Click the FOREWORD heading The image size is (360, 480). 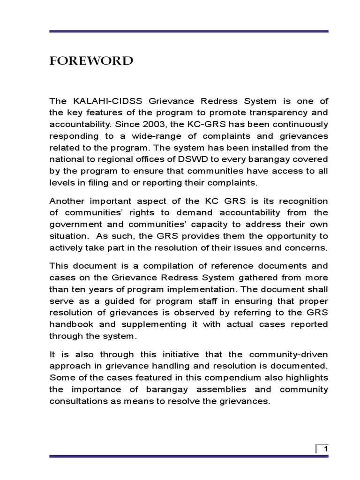point(91,61)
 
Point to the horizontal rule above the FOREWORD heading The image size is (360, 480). point(189,31)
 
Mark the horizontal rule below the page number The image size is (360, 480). point(189,456)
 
